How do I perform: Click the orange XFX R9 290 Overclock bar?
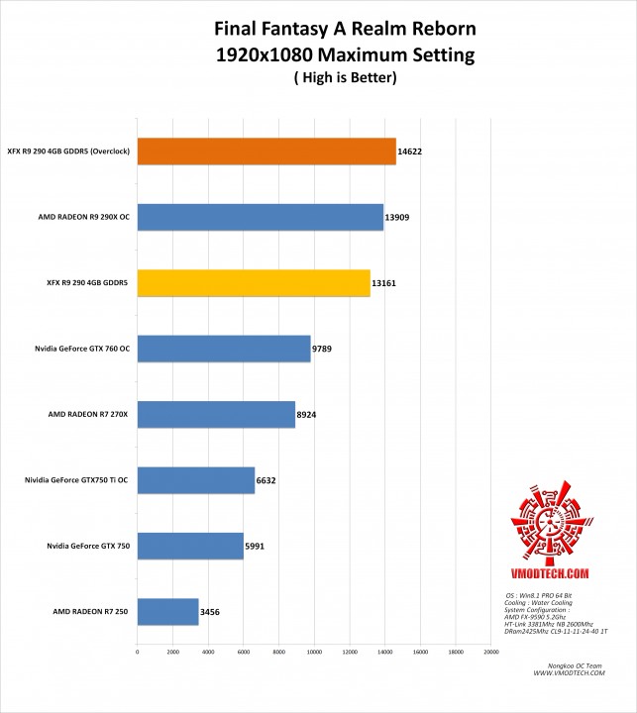click(266, 152)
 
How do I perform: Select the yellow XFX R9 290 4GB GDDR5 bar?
click(254, 283)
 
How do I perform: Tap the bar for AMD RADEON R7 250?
click(168, 612)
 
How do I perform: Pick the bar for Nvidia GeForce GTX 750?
click(190, 546)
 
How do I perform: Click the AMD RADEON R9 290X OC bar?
click(261, 217)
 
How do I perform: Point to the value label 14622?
click(412, 153)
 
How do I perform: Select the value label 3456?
click(211, 613)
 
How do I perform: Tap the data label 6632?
click(266, 481)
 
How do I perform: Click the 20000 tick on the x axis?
click(490, 652)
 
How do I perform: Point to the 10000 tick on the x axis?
click(313, 652)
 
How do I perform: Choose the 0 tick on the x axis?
click(137, 652)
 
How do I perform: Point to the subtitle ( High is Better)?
click(318, 78)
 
